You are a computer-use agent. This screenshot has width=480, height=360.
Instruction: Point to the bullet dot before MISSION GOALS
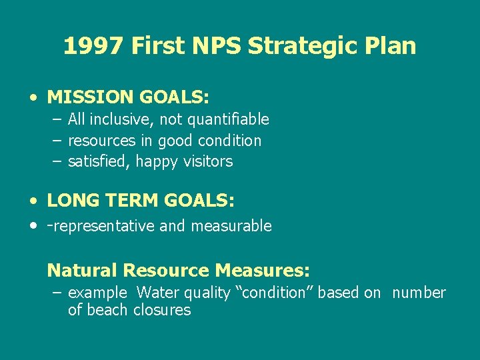point(33,97)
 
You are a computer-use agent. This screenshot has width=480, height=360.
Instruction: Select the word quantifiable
point(228,119)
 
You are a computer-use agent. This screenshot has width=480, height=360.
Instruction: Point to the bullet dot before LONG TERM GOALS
point(33,201)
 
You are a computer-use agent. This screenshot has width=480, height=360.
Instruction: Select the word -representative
point(101,226)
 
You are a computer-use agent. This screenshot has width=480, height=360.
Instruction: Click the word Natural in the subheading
point(82,271)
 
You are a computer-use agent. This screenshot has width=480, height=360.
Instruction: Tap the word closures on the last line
point(162,310)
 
